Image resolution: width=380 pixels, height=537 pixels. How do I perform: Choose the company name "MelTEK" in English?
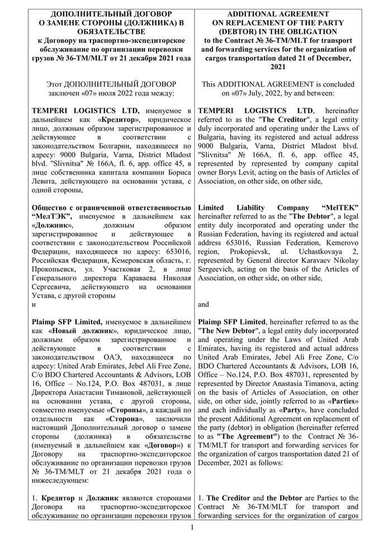pos(340,207)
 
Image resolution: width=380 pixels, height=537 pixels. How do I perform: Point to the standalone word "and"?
pos(204,305)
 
